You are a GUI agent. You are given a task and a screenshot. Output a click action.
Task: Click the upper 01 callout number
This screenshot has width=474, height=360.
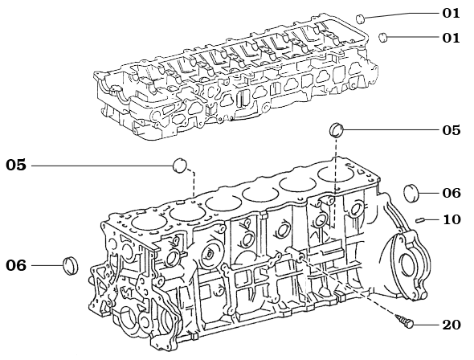pos(452,13)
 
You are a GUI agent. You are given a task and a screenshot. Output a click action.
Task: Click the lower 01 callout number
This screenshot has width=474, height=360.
pos(452,37)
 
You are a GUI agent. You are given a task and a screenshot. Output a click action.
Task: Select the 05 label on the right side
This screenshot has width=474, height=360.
pos(452,129)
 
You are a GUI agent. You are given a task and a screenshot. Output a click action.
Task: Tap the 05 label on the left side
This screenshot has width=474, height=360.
pos(16,165)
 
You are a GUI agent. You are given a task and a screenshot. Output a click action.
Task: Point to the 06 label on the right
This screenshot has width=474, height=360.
pos(452,193)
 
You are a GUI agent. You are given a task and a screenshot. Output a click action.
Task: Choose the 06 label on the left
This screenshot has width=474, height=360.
pos(16,265)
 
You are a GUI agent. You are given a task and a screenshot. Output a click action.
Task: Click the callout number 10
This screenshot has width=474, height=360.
pos(452,219)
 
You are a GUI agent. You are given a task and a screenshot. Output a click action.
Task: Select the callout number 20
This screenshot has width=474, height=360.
pos(452,324)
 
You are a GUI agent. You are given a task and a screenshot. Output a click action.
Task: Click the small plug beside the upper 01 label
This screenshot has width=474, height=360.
pos(361,18)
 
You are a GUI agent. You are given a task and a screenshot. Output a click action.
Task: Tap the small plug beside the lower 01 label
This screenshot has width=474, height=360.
pos(385,36)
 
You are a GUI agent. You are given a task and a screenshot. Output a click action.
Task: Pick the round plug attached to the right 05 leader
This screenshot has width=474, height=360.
pos(338,130)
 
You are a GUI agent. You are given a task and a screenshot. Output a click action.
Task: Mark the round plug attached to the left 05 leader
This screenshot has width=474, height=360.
pos(181,166)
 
